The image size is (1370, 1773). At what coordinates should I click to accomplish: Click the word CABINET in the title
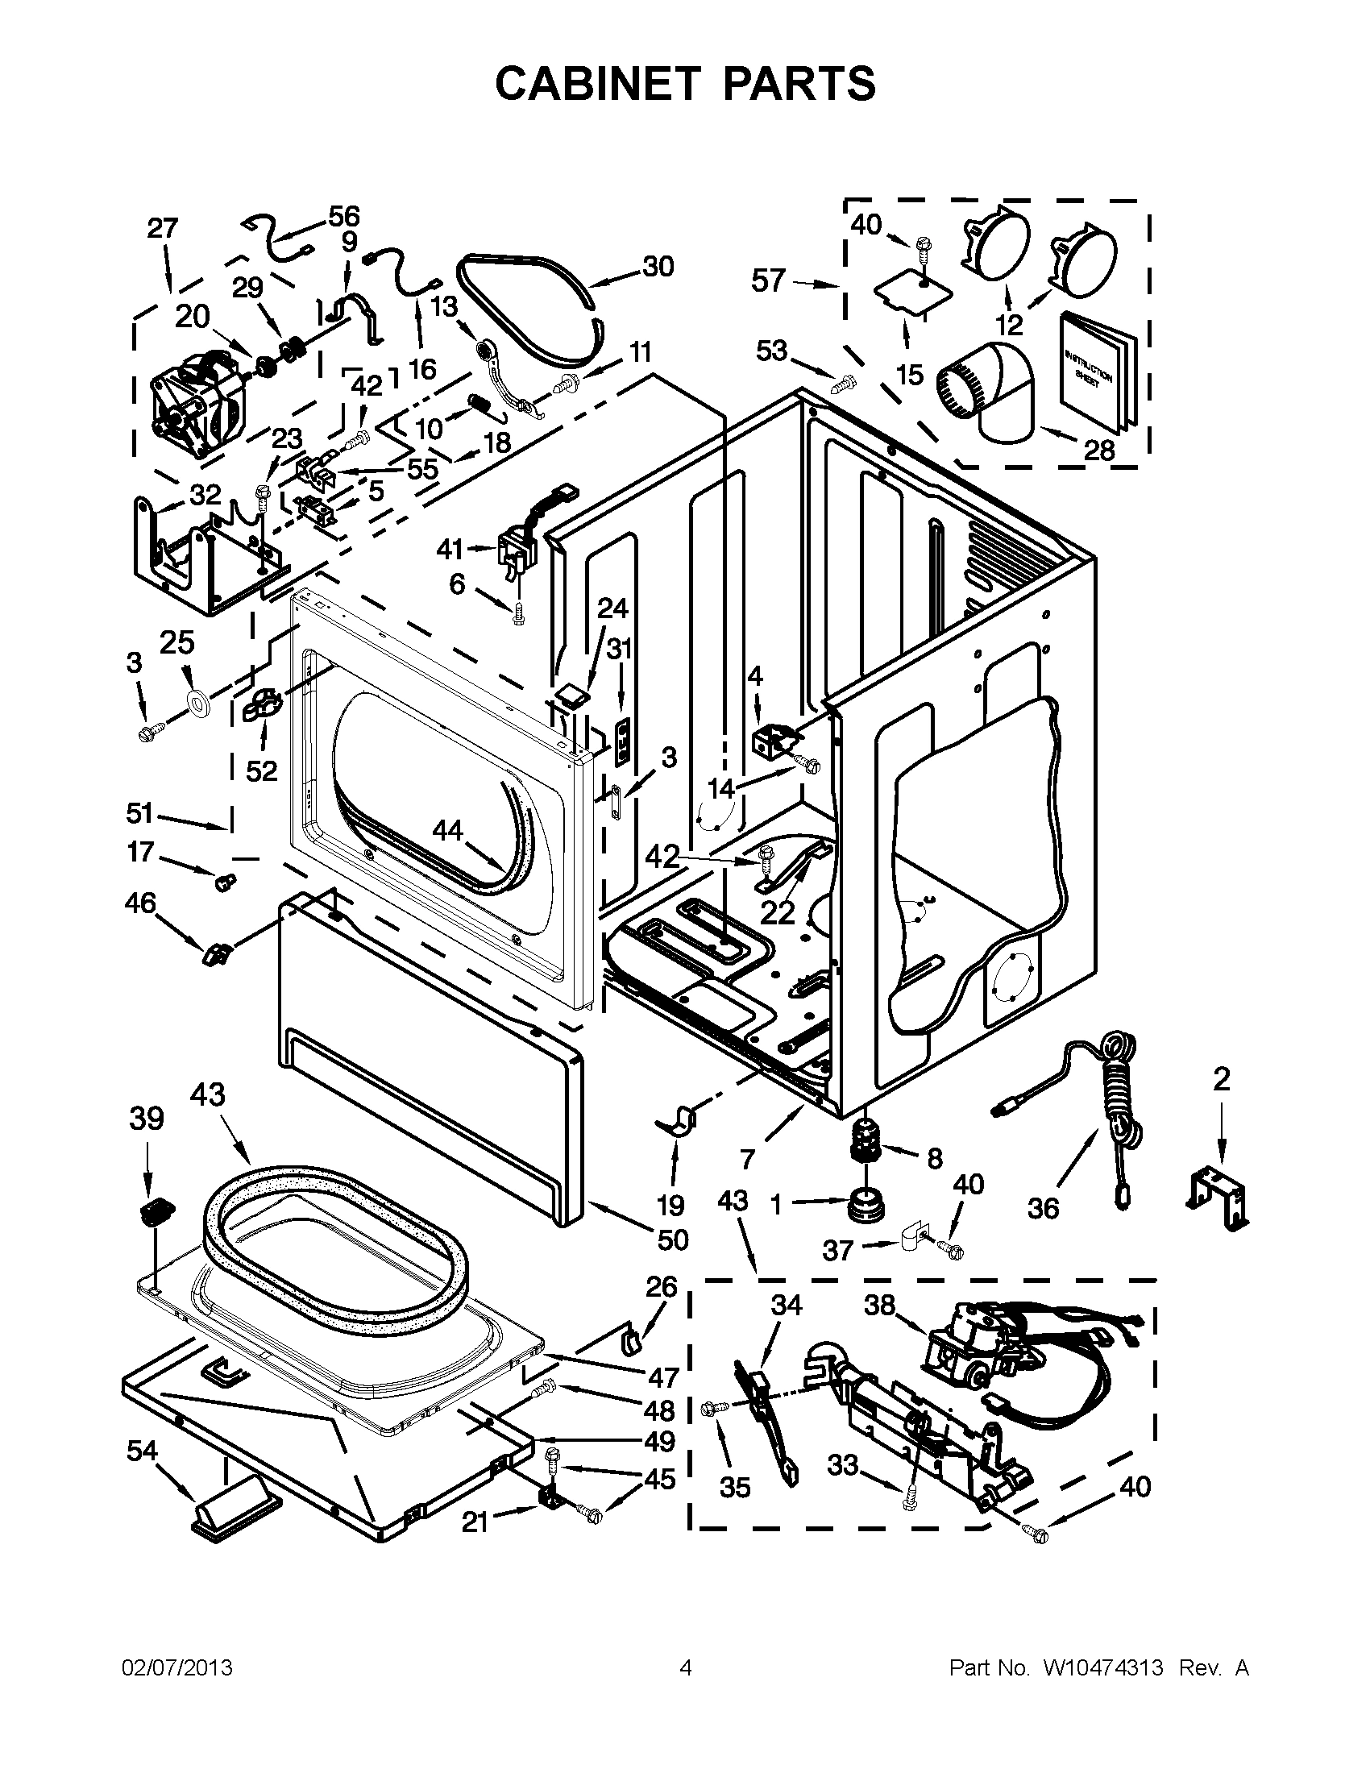(597, 84)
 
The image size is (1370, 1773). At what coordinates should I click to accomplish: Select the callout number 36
(1043, 1208)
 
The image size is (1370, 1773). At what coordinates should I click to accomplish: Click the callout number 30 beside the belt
(658, 266)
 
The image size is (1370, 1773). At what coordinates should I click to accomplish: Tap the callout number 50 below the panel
(672, 1239)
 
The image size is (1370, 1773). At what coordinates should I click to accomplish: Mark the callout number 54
(142, 1450)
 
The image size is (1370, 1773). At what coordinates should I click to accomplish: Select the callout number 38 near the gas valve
(878, 1305)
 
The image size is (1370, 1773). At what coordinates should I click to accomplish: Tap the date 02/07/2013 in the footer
(176, 1667)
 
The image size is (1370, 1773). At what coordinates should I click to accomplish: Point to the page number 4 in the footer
(686, 1667)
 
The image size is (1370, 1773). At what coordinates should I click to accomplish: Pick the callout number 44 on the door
(447, 828)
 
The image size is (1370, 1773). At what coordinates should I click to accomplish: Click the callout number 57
(768, 281)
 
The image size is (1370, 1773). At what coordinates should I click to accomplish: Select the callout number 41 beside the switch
(450, 550)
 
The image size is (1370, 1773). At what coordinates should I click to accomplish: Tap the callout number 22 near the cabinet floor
(778, 912)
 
